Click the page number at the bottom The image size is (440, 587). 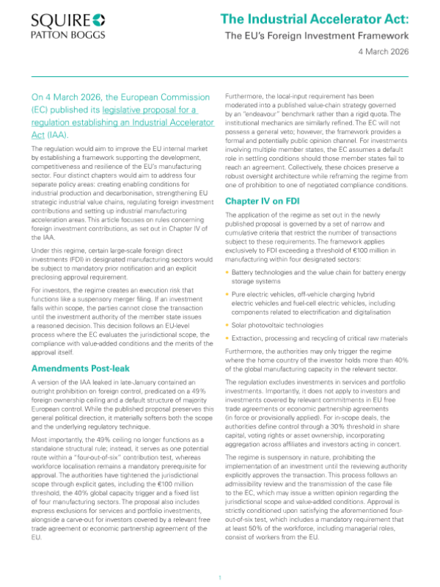click(220, 578)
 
